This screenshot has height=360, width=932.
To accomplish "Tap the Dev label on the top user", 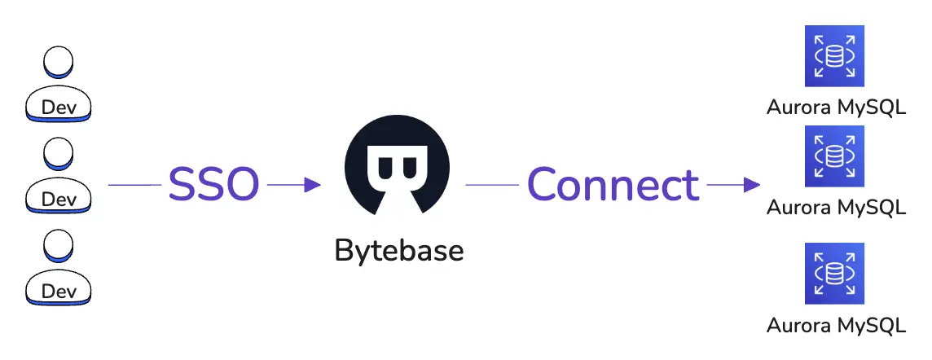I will tap(59, 108).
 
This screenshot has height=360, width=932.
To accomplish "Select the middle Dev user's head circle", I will tap(59, 152).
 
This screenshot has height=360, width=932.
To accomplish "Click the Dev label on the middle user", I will tap(59, 199).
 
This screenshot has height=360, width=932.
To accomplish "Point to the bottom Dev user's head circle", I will tap(59, 244).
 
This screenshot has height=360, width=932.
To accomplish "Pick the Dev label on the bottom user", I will tap(59, 291).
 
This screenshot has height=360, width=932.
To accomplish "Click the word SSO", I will tap(213, 185).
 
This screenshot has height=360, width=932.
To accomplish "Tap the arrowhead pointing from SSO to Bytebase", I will tap(312, 186).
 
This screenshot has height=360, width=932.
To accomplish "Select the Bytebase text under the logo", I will tap(399, 250).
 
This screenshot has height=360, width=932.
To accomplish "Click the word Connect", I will tap(613, 185).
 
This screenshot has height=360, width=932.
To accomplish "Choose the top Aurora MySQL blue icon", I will tap(835, 55).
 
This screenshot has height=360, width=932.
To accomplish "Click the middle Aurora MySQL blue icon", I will tap(835, 155).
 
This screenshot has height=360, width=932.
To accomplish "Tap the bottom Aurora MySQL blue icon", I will tap(835, 273).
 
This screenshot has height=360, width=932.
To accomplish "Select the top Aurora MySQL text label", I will tap(836, 108).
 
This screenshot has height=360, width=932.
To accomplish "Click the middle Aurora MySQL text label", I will tap(836, 208).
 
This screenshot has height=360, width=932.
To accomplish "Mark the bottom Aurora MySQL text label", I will tap(836, 326).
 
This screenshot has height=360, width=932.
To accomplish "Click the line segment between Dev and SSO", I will tap(134, 186).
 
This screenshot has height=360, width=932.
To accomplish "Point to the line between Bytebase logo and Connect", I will tap(492, 186).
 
